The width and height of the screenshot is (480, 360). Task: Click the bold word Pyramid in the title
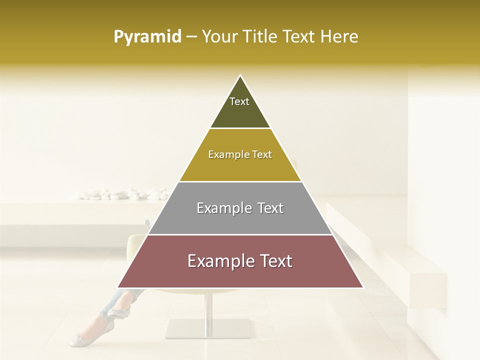click(147, 37)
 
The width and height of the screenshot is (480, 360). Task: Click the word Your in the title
click(219, 37)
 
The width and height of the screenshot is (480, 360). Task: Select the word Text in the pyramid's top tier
click(239, 101)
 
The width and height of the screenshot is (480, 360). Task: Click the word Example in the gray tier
click(222, 208)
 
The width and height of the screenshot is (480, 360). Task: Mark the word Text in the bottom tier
click(275, 261)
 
